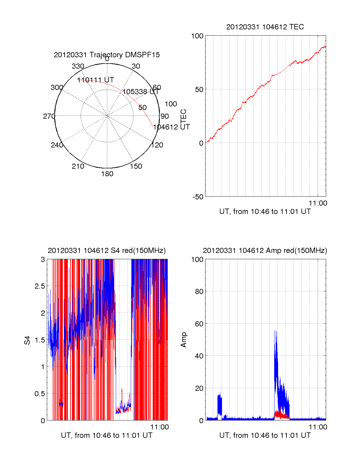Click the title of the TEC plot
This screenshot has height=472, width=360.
click(265, 27)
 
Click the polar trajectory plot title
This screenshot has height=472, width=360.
click(107, 55)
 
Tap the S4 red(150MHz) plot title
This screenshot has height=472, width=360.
click(107, 251)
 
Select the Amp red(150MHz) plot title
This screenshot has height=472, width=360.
click(265, 251)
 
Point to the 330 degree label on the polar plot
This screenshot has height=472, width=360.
click(78, 66)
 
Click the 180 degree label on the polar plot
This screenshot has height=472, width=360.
click(107, 174)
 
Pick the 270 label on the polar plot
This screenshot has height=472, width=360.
click(49, 116)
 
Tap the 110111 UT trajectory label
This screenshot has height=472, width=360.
click(96, 80)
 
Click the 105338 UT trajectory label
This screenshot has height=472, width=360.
click(140, 92)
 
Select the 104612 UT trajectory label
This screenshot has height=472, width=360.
click(171, 127)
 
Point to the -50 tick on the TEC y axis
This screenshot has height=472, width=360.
click(198, 197)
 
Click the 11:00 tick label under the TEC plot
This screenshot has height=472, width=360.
click(318, 203)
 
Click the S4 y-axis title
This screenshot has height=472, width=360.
click(27, 340)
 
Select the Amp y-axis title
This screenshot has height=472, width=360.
click(184, 340)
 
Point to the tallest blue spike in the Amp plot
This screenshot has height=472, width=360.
click(275, 331)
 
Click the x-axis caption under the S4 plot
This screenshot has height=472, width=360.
click(107, 435)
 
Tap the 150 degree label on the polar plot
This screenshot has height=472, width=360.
click(136, 166)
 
